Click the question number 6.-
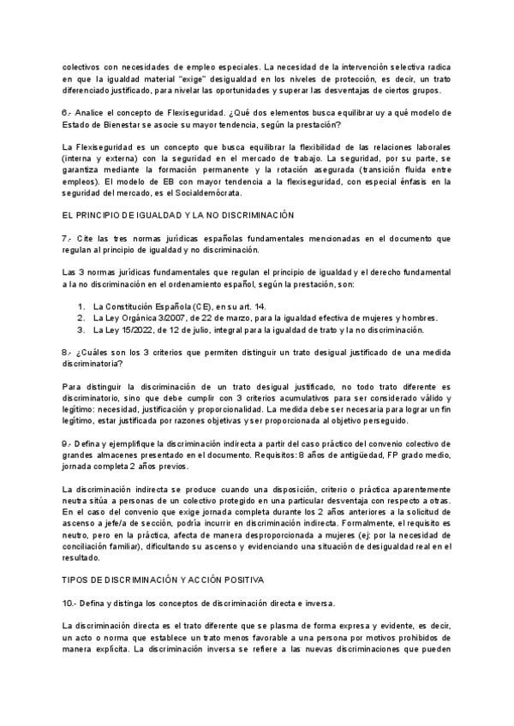click(68, 112)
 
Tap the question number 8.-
click(68, 351)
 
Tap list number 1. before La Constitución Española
click(81, 306)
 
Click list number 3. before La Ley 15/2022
click(81, 330)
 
